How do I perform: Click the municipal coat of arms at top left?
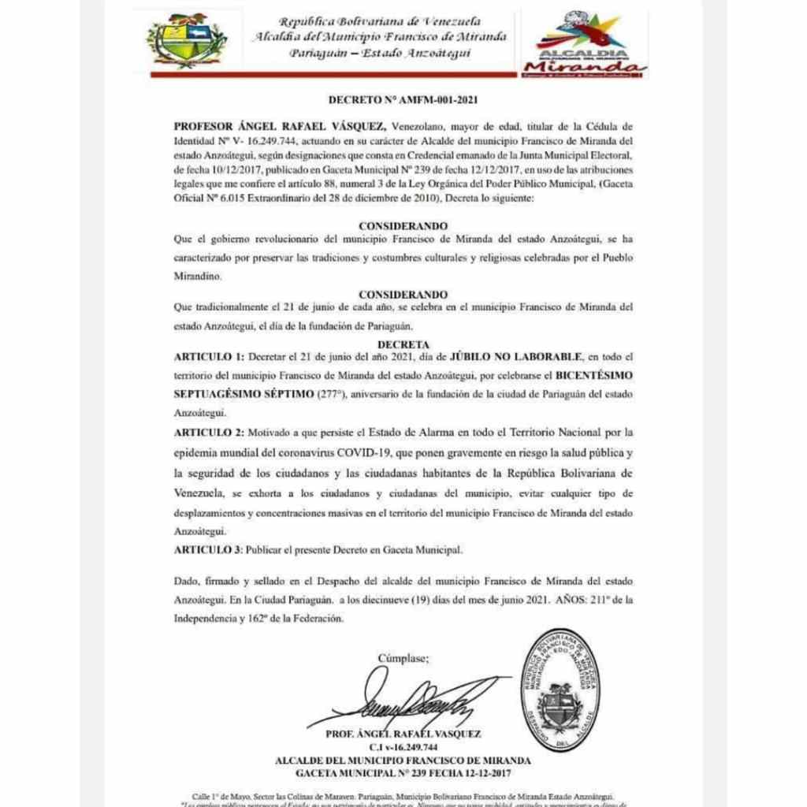point(187,40)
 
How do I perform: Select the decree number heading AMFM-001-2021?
point(403,100)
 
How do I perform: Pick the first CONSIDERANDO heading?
point(403,225)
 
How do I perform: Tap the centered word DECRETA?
point(403,344)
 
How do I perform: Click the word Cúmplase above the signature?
point(404,657)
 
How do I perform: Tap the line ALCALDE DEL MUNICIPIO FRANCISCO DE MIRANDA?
point(403,761)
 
